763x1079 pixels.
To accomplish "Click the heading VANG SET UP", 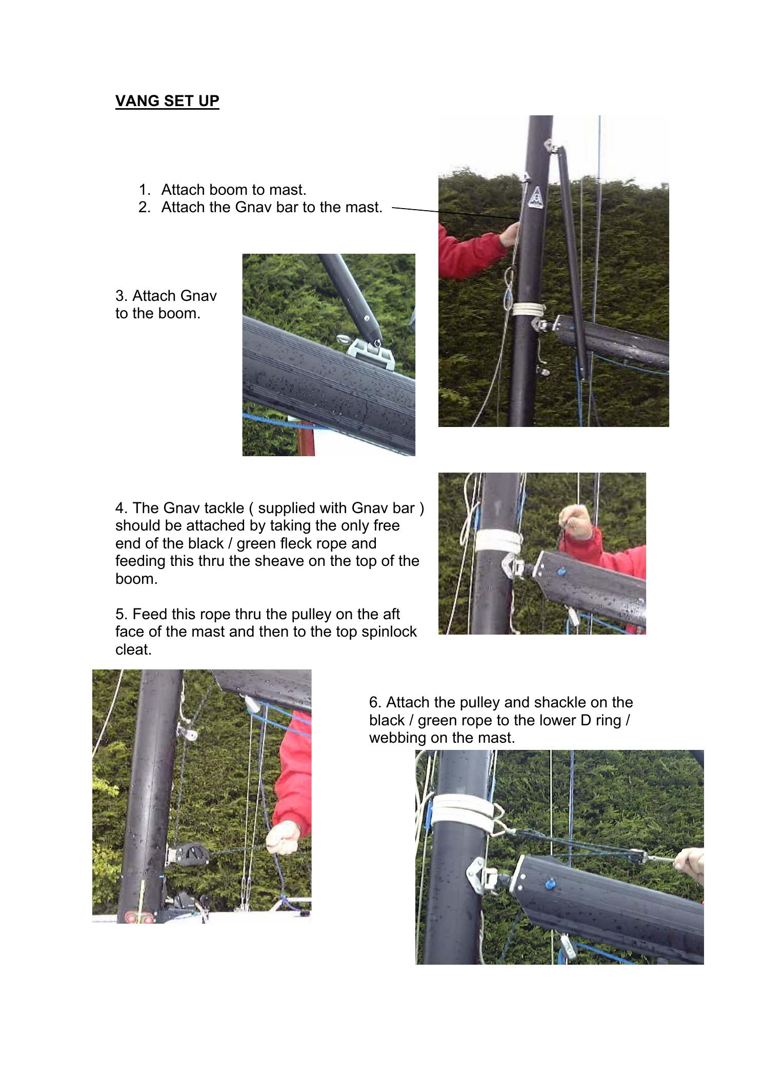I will coord(167,100).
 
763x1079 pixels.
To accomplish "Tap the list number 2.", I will coord(144,207).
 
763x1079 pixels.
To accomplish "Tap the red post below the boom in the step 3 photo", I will coord(306,439).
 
